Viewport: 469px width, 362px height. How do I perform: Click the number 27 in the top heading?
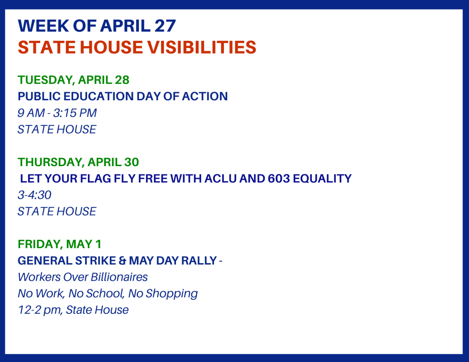click(x=165, y=26)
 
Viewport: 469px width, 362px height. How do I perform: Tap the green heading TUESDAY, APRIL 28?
click(x=74, y=80)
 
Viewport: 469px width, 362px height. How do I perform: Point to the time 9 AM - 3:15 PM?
click(x=57, y=113)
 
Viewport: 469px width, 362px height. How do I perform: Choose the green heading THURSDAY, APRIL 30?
click(x=78, y=162)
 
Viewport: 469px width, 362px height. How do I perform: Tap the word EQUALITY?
click(x=322, y=178)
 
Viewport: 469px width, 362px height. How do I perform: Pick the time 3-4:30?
click(x=34, y=195)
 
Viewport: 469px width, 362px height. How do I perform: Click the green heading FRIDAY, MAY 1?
click(x=60, y=244)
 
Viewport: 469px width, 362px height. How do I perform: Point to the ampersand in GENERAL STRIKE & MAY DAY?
click(x=122, y=261)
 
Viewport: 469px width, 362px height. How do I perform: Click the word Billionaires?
click(x=120, y=277)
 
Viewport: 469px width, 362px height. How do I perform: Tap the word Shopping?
click(x=172, y=294)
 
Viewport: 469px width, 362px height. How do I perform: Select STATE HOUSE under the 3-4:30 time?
click(x=57, y=211)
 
